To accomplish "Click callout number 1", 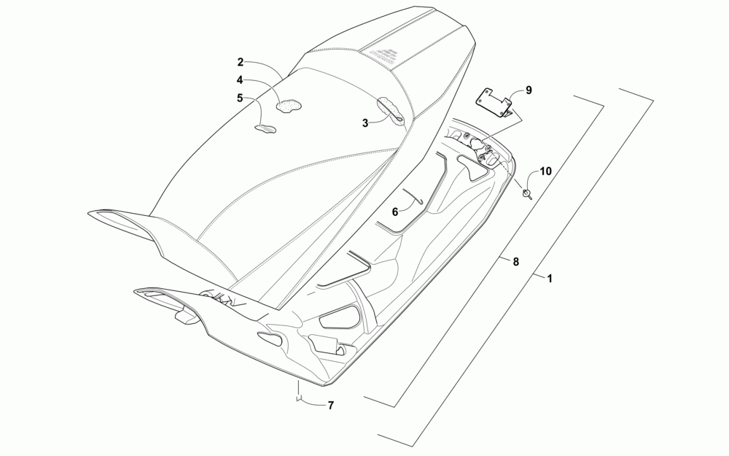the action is [x=549, y=278].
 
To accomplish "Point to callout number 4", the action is [x=240, y=80].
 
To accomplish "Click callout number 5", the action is [x=240, y=97].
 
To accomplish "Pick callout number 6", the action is [x=395, y=212].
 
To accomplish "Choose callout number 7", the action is [x=330, y=405].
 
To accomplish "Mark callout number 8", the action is [x=515, y=261].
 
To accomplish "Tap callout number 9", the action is [x=529, y=90].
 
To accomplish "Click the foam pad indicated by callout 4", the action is [x=289, y=104].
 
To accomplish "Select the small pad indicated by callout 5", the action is [x=265, y=130].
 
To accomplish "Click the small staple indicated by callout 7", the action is [x=298, y=398].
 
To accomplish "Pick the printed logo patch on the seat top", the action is [x=381, y=52].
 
